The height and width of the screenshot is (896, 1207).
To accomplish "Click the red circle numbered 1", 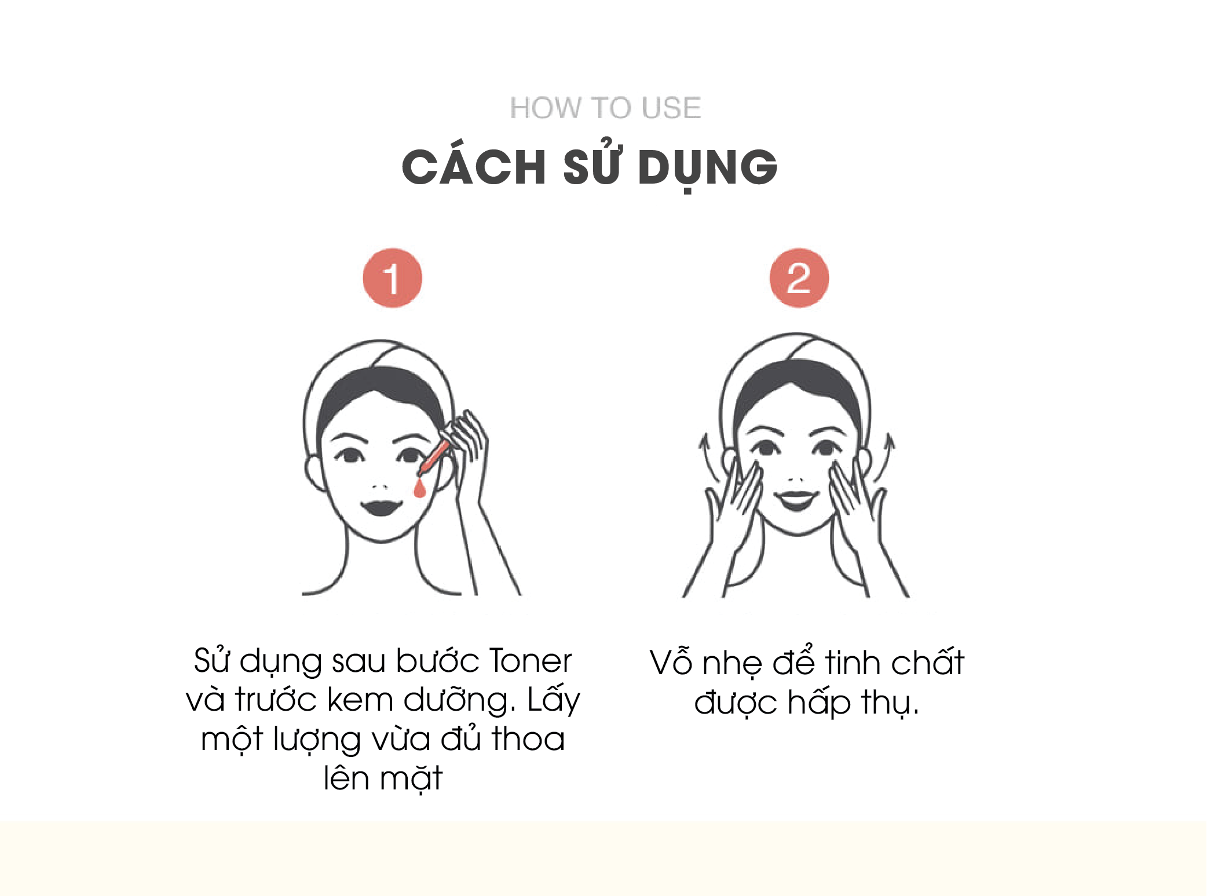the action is pos(393,278).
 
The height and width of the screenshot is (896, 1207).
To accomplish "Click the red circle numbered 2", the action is pos(799,278).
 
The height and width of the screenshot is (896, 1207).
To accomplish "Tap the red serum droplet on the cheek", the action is pos(420,488).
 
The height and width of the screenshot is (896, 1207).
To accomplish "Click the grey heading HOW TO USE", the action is pos(605,108).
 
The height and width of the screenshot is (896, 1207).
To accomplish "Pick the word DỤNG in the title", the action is pos(707,168).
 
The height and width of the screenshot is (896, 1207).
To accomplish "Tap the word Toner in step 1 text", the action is pos(531,661).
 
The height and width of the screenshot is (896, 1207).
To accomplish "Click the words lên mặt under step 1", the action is pos(383,778).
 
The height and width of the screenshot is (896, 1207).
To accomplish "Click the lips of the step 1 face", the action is pos(381,508).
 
